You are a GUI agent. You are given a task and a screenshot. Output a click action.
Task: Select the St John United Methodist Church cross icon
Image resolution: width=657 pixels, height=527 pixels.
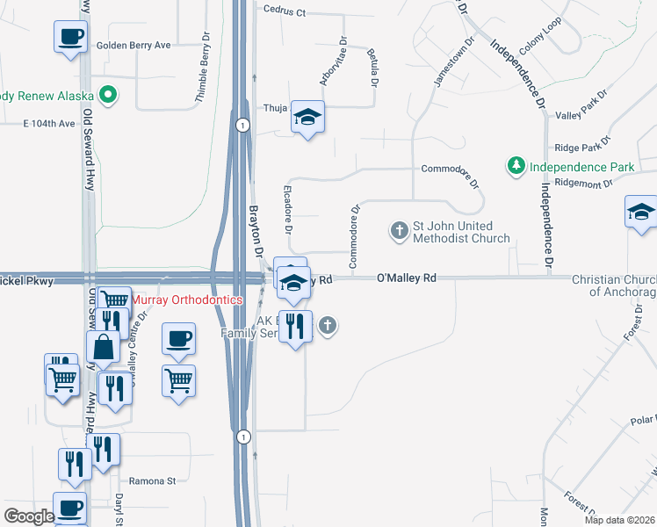click(400, 231)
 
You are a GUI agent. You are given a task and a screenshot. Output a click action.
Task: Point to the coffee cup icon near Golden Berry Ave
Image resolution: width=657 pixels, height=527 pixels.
click(69, 38)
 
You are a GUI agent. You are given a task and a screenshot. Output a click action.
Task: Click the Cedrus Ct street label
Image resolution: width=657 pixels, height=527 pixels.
click(284, 12)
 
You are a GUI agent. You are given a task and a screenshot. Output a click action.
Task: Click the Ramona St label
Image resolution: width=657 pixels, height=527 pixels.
click(153, 480)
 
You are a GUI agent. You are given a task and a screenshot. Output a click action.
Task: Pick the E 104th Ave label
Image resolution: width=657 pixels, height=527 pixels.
click(49, 124)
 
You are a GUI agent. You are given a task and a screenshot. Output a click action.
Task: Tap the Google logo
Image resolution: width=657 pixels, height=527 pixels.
click(30, 516)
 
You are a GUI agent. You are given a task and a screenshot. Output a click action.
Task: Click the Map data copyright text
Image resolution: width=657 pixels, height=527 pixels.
click(619, 520)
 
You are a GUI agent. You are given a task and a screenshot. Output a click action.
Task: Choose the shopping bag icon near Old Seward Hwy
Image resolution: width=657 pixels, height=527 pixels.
click(103, 347)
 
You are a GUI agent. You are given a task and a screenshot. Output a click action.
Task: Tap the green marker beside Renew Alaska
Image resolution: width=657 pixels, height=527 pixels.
click(108, 94)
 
